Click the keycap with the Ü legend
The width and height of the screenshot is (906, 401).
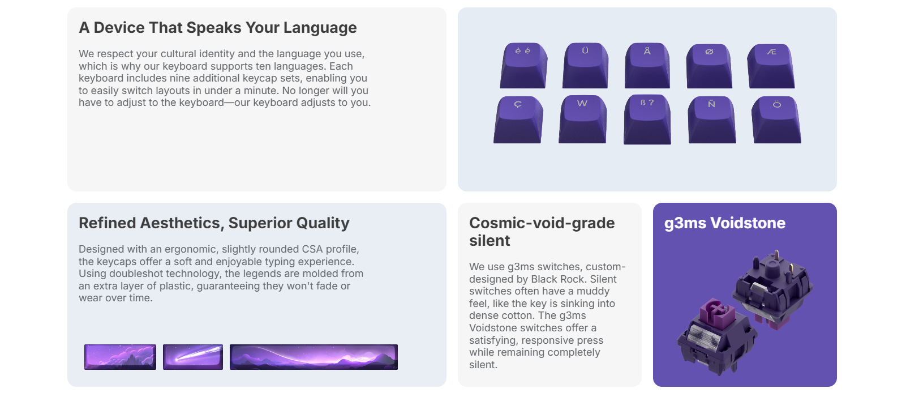[x=585, y=66]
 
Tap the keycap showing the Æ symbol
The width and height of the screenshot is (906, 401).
[x=771, y=66]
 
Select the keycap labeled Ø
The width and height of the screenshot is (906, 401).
[x=709, y=66]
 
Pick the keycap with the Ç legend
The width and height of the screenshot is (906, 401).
[x=518, y=120]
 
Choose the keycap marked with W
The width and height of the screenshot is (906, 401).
[x=582, y=120]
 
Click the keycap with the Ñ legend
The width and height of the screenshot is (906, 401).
[x=712, y=120]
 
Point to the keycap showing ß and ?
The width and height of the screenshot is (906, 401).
[x=647, y=120]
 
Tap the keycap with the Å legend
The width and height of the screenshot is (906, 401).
[x=647, y=66]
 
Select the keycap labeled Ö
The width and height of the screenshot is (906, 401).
[x=776, y=120]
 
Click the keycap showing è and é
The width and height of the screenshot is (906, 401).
[x=523, y=66]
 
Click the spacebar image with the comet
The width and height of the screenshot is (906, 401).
[x=193, y=357]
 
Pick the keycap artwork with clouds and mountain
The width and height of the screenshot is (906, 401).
[x=120, y=357]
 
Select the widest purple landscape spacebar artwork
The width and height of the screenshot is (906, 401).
[x=314, y=357]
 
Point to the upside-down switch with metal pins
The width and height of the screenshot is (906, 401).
[x=772, y=287]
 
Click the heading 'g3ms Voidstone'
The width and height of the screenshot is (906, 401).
[x=725, y=223]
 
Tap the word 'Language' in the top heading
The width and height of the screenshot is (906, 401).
[x=320, y=28]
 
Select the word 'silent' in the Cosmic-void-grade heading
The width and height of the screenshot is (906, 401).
[x=490, y=241]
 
